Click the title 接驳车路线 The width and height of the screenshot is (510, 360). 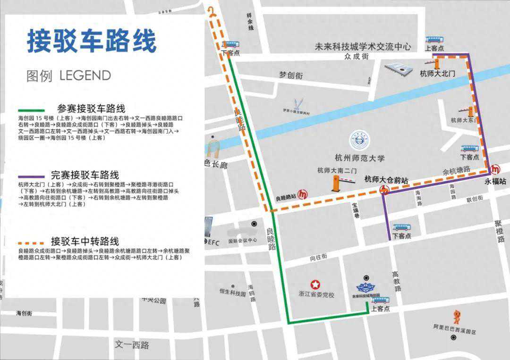[x=92, y=42]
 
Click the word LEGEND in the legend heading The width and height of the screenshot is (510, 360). [x=85, y=75]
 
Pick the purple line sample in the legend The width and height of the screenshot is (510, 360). [x=32, y=175]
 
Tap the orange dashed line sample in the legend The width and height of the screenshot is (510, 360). [x=32, y=241]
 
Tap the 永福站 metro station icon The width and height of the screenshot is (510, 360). [x=495, y=169]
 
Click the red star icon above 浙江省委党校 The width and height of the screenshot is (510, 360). [x=315, y=285]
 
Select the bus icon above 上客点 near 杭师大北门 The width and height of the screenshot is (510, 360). [x=434, y=40]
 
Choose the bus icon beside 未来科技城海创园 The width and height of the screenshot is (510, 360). [x=380, y=300]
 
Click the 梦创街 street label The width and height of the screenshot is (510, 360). [x=290, y=75]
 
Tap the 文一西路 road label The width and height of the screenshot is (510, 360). [x=132, y=345]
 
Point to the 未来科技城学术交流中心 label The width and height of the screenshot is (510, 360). [x=363, y=47]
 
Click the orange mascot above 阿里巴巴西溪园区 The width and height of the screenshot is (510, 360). [x=456, y=316]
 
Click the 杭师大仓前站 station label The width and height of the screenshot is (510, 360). [x=386, y=179]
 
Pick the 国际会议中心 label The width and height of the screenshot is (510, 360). [x=242, y=240]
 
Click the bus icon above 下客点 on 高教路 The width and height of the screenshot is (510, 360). [x=401, y=227]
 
